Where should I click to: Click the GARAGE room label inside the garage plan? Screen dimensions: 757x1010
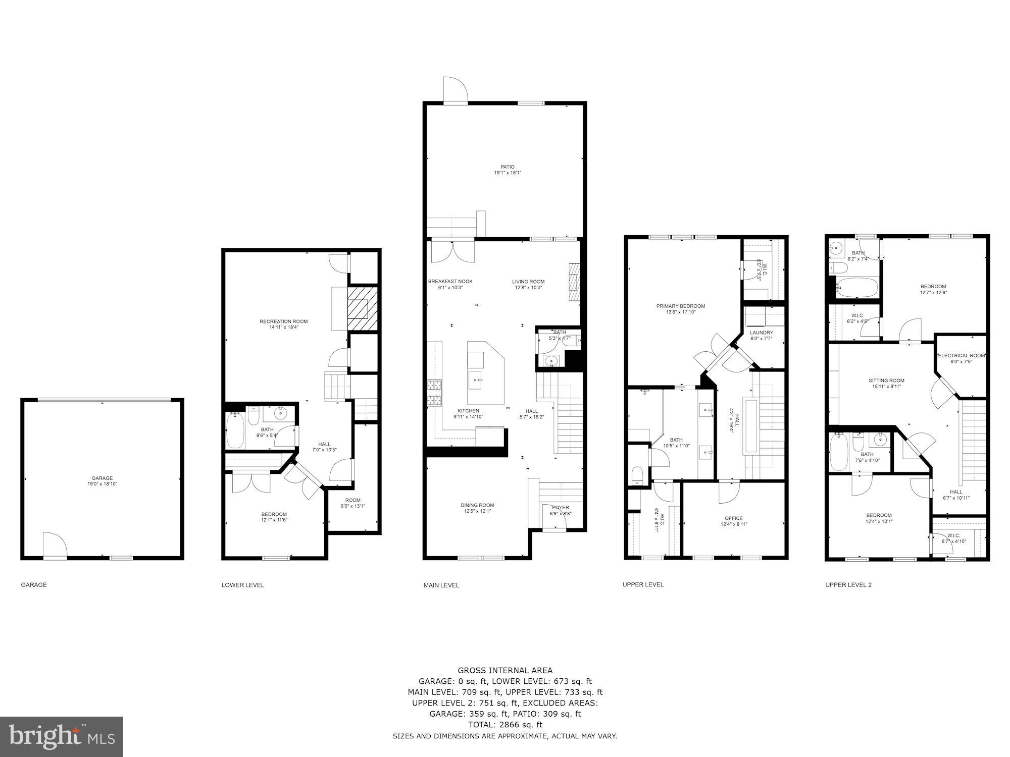pyautogui.click(x=102, y=478)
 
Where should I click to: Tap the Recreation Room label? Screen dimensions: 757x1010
pyautogui.click(x=283, y=321)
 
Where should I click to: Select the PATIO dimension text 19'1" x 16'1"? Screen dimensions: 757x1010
pyautogui.click(x=508, y=173)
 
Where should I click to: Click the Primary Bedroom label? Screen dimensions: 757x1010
pyautogui.click(x=680, y=306)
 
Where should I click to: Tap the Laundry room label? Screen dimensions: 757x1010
pyautogui.click(x=761, y=333)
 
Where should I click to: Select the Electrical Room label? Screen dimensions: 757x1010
pyautogui.click(x=961, y=355)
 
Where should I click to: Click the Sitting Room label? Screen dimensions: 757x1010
pyautogui.click(x=886, y=381)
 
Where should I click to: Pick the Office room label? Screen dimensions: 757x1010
pyautogui.click(x=733, y=518)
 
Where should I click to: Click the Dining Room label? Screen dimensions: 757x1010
pyautogui.click(x=477, y=505)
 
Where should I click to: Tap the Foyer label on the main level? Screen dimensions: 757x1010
pyautogui.click(x=560, y=508)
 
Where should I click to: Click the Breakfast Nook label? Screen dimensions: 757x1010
pyautogui.click(x=450, y=282)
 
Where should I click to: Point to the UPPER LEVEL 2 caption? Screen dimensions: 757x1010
pyautogui.click(x=848, y=585)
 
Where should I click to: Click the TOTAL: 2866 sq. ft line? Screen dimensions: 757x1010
pyautogui.click(x=505, y=725)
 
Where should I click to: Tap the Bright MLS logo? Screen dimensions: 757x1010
pyautogui.click(x=62, y=736)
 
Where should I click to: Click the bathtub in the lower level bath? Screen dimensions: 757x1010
pyautogui.click(x=235, y=430)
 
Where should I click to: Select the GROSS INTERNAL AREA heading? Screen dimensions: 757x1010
pyautogui.click(x=505, y=670)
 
